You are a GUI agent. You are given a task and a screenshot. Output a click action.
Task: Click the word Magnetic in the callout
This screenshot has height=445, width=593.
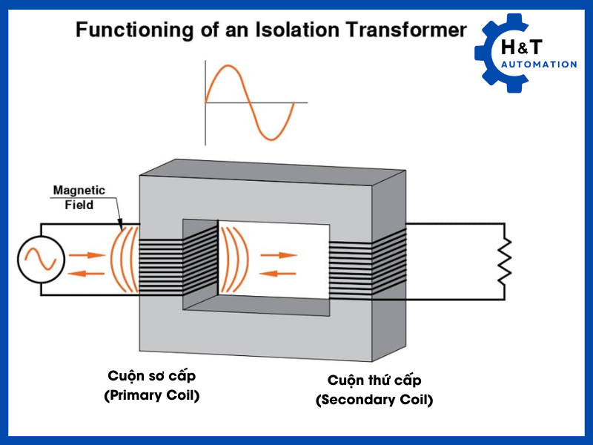tap(79, 191)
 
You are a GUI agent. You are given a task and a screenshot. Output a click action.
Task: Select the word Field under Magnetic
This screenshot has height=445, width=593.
tap(79, 204)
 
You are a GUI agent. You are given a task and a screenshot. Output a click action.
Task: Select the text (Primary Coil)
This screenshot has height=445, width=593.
tap(152, 395)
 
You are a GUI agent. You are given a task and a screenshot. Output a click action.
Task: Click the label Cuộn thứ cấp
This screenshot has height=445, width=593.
tap(374, 380)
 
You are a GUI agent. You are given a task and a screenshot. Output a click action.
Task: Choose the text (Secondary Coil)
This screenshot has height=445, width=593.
tap(374, 400)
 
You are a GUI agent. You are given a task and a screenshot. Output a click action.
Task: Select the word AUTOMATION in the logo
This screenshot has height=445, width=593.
tap(539, 65)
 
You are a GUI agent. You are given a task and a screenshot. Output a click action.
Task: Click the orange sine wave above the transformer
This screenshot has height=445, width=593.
tap(250, 102)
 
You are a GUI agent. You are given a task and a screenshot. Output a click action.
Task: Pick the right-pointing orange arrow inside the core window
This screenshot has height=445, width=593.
tap(279, 254)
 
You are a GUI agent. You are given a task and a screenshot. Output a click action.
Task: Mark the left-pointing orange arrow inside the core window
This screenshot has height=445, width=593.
tap(279, 272)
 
